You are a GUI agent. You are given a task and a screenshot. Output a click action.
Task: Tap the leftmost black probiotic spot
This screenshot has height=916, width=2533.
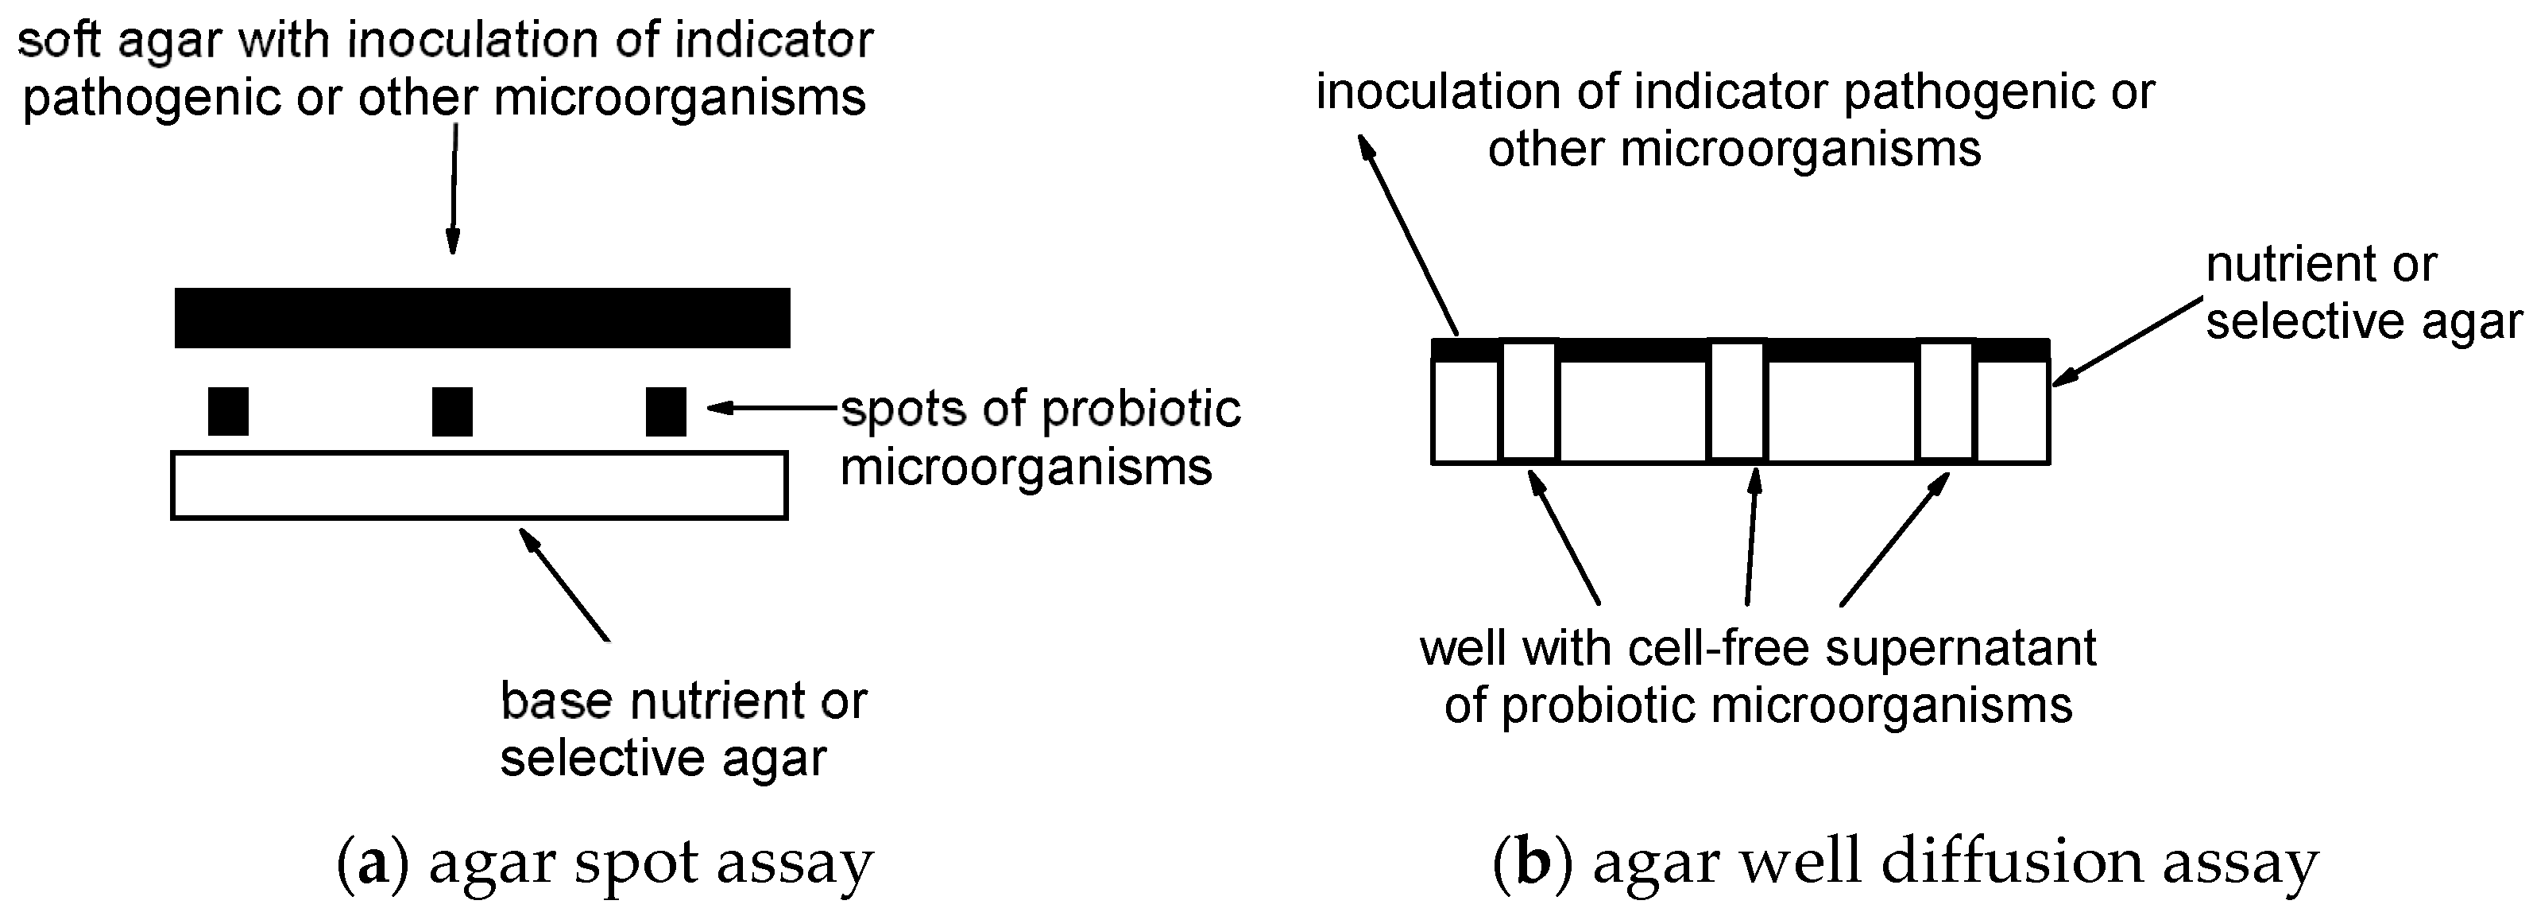[x=228, y=411]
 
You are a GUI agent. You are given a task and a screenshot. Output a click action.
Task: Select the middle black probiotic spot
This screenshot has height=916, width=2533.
[x=452, y=411]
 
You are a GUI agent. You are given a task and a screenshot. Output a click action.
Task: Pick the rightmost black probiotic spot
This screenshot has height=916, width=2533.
[x=666, y=411]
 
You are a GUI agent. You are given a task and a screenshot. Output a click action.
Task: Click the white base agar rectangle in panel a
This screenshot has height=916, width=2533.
[x=479, y=485]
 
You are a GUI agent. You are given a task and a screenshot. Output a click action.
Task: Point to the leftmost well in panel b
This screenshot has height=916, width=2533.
[x=1529, y=401]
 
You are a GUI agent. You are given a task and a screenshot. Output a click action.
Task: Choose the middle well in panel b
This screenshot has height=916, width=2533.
[x=1738, y=401]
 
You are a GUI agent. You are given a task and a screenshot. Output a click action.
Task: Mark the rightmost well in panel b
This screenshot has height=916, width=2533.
[x=1946, y=401]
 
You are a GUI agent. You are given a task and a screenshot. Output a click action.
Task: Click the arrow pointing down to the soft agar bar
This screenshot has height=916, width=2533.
[x=454, y=187]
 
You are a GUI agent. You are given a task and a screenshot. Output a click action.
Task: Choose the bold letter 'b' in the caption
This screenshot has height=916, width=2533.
[x=1532, y=863]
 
